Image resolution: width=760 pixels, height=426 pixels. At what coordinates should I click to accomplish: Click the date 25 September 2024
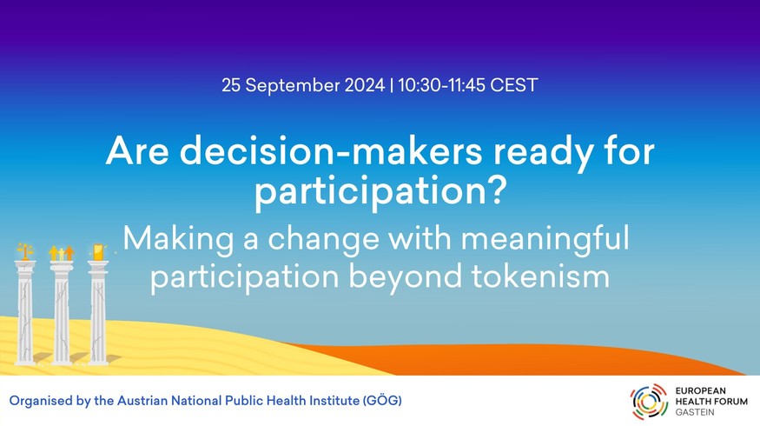click(x=303, y=85)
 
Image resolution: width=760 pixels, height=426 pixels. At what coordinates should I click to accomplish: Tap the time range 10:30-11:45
click(x=441, y=85)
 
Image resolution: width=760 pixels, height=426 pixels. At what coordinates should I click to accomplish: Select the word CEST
click(x=514, y=85)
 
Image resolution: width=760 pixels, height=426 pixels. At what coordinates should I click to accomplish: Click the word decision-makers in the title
click(x=331, y=151)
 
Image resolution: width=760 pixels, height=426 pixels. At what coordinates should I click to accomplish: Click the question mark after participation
click(x=495, y=190)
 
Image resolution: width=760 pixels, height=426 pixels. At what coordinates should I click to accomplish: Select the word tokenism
click(x=540, y=276)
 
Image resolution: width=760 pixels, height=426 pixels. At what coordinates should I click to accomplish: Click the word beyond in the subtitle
click(x=405, y=276)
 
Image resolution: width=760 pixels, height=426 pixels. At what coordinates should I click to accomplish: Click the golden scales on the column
click(x=25, y=251)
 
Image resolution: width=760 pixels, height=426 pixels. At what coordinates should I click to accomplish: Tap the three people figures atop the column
click(x=62, y=253)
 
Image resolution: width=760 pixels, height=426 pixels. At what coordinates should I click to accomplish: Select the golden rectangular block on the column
click(x=98, y=252)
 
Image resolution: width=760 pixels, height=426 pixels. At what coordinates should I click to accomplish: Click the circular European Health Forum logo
click(x=649, y=402)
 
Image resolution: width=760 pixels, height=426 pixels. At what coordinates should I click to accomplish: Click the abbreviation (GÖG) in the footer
click(x=382, y=401)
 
